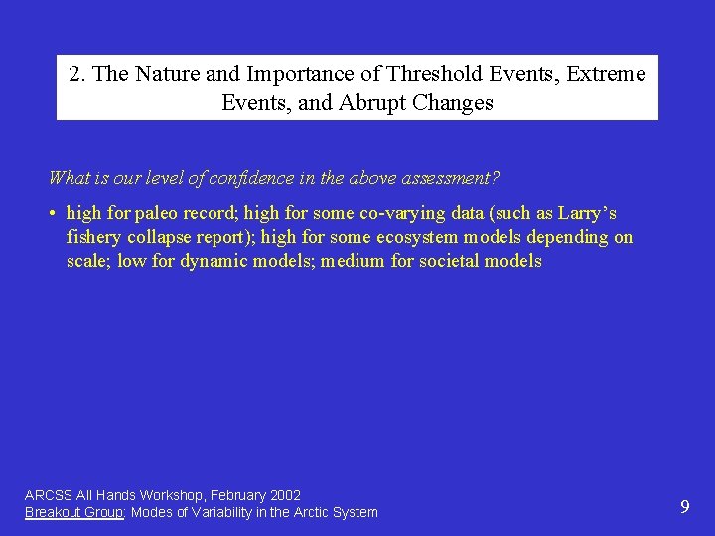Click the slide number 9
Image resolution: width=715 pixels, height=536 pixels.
pyautogui.click(x=684, y=507)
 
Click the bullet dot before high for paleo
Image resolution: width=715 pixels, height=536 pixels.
pyautogui.click(x=52, y=214)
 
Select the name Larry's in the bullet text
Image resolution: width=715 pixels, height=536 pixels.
pyautogui.click(x=587, y=213)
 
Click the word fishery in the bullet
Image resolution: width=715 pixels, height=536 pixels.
pyautogui.click(x=94, y=237)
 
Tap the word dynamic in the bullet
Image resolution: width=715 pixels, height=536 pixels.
pyautogui.click(x=214, y=261)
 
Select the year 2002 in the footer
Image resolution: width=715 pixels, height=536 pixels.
pyautogui.click(x=284, y=494)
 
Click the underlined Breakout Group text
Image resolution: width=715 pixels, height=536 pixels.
pyautogui.click(x=73, y=512)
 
